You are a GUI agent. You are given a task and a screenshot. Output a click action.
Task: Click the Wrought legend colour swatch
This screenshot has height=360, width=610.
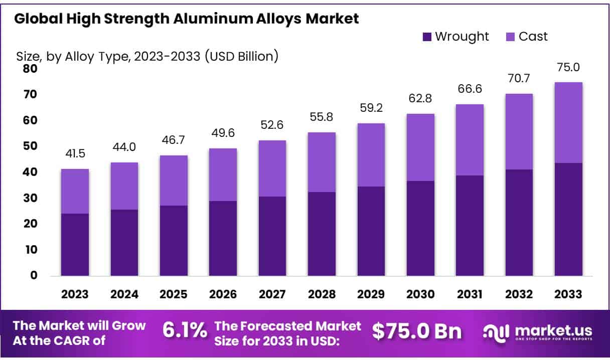427,37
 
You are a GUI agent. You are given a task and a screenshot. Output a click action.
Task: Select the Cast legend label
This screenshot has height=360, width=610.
533,36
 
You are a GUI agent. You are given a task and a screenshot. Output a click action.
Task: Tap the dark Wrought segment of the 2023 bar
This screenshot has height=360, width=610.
75,244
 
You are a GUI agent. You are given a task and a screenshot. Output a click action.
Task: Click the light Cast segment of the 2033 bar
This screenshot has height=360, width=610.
568,122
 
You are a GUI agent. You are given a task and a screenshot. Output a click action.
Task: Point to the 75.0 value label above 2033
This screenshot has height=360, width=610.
568,68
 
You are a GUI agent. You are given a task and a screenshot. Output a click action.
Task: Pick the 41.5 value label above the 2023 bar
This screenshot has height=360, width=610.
75,154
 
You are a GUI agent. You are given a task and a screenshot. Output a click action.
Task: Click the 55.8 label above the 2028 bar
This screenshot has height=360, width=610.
322,118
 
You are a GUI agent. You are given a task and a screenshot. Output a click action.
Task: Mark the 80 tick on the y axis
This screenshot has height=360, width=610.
30,69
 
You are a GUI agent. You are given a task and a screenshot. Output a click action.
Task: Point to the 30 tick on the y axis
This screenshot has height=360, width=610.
30,198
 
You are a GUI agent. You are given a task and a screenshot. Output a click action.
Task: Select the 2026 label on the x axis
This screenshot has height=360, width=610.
223,295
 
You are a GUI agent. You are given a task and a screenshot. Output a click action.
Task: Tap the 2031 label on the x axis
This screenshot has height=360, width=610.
470,295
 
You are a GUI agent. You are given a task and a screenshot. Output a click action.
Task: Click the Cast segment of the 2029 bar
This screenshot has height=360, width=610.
371,155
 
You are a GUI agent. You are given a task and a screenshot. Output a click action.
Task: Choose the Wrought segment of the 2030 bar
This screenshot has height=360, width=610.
420,228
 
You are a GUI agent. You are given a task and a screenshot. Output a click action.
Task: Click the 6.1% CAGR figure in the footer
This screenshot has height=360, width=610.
184,330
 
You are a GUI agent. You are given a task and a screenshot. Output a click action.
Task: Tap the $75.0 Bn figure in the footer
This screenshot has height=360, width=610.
417,330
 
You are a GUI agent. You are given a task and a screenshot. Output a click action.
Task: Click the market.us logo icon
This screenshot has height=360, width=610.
496,331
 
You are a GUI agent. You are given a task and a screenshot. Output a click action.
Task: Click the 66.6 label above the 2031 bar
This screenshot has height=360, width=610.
470,89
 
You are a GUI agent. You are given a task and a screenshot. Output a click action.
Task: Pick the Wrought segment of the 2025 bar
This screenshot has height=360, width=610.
174,240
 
